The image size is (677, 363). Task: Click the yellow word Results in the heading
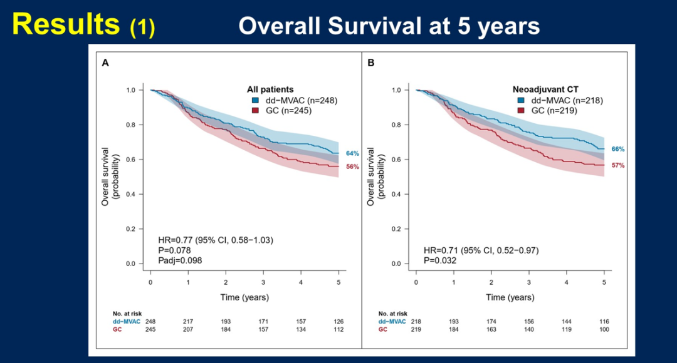click(66, 24)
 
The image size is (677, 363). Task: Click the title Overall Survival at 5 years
click(389, 26)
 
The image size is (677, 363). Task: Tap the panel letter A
click(105, 63)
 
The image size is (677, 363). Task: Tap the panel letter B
click(371, 63)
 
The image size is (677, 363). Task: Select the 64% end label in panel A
click(352, 153)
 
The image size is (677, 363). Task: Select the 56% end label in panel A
click(352, 167)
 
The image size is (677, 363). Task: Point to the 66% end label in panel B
click(617, 149)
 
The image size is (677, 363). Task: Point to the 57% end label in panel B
click(617, 165)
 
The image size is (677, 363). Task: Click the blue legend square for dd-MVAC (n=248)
click(255, 100)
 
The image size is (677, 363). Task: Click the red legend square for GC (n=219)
click(521, 110)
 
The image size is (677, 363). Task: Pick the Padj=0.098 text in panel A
click(180, 260)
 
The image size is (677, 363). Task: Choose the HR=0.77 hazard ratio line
click(215, 240)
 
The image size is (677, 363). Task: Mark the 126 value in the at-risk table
click(338, 321)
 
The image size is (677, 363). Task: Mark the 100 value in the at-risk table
click(604, 329)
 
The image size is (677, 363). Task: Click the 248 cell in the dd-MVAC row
click(150, 321)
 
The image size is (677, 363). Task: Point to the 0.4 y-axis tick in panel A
click(130, 194)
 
